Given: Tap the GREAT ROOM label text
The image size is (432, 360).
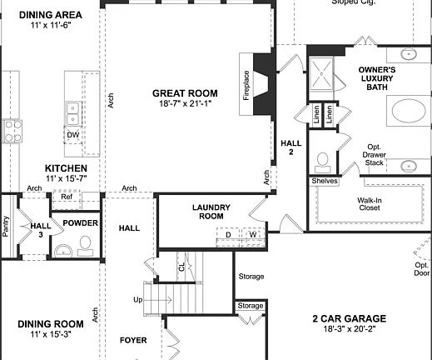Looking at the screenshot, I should (185, 93).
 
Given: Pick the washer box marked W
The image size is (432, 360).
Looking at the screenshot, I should (252, 236).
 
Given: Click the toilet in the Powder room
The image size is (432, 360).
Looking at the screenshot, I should (83, 244).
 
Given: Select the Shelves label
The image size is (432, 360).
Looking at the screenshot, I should (324, 181).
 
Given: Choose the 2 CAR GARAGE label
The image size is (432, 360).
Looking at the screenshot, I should (349, 318).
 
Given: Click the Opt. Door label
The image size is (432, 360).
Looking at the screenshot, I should (422, 268).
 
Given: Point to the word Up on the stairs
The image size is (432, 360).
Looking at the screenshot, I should (137, 299).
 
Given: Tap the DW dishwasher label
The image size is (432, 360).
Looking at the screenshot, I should (73, 135).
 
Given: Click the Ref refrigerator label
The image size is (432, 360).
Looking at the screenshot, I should (67, 197).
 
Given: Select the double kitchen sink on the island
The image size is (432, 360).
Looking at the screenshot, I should (73, 107).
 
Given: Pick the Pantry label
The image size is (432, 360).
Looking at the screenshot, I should (6, 227).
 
